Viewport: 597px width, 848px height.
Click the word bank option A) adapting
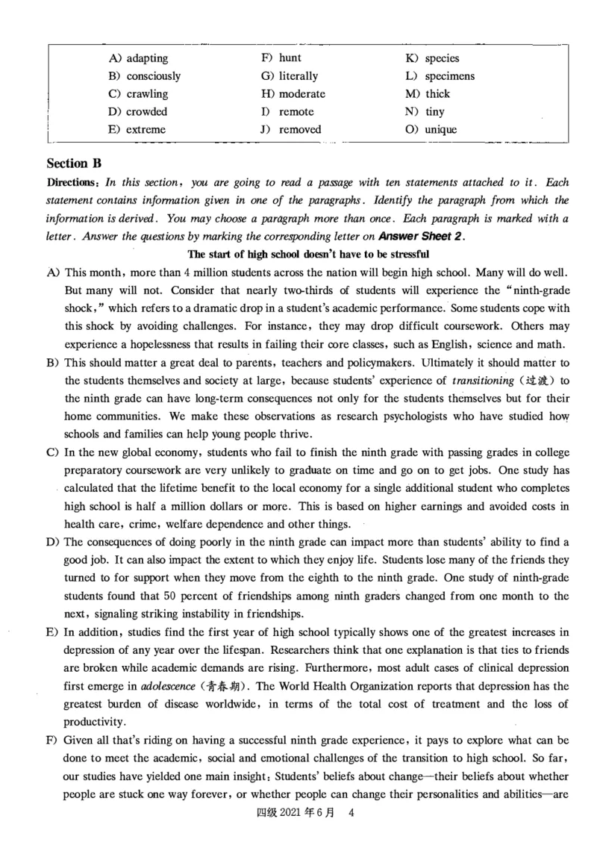click(x=138, y=58)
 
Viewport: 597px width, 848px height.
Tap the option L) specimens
click(x=440, y=76)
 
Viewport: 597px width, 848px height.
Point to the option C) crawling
click(x=138, y=94)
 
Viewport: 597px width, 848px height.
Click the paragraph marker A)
click(x=53, y=272)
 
